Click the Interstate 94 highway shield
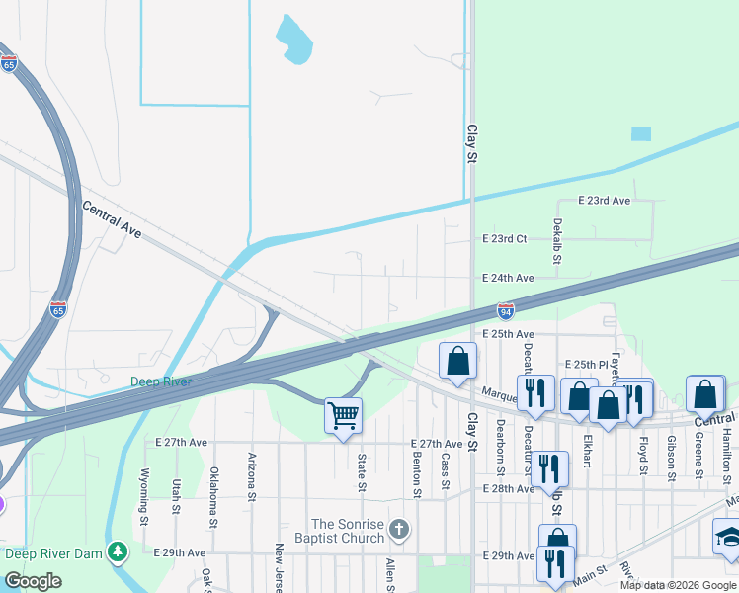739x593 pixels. tap(505, 310)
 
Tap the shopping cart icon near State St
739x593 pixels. tap(343, 416)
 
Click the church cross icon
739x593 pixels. tap(398, 530)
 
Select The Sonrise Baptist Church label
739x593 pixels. tap(347, 531)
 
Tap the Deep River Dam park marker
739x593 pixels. tap(118, 551)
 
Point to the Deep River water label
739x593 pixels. tap(161, 381)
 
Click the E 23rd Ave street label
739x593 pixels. tap(604, 201)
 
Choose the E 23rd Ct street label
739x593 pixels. tap(505, 239)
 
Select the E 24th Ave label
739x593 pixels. tap(508, 279)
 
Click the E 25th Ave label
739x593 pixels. tap(508, 335)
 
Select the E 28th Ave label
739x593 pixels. tap(508, 489)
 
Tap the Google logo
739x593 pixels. tap(34, 581)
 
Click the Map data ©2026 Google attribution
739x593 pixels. tap(677, 585)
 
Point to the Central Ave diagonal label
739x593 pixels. tap(112, 220)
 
